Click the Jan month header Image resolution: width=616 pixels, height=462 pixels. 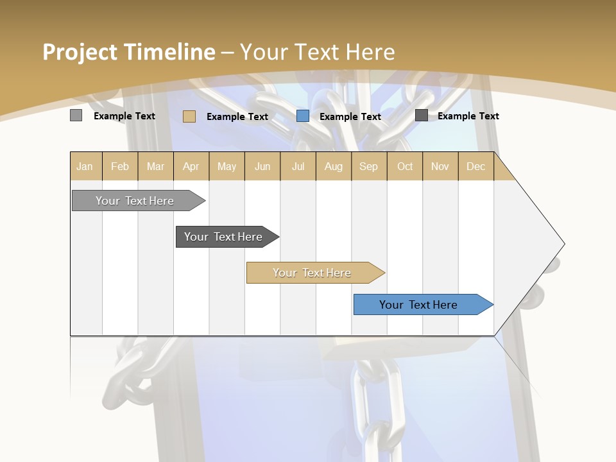[85, 166]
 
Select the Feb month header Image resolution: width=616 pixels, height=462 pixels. [120, 166]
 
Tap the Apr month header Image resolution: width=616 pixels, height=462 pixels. [191, 166]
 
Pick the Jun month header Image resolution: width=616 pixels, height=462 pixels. [262, 166]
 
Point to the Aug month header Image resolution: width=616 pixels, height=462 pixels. [334, 166]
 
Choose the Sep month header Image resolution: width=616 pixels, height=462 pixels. [369, 166]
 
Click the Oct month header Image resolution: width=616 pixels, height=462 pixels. [405, 166]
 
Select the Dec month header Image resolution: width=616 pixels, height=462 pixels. [476, 166]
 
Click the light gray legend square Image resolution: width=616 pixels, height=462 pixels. [76, 116]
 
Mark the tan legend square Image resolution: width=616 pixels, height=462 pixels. [189, 116]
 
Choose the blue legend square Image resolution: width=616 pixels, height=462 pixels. [303, 116]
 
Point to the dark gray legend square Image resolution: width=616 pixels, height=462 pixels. [422, 116]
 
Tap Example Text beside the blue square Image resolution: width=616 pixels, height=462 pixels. [350, 117]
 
